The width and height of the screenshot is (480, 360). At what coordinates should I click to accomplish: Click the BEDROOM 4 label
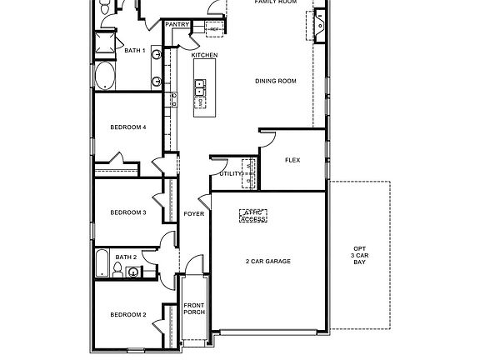(128, 127)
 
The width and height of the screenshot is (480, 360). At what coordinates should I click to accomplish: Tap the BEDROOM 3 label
(128, 213)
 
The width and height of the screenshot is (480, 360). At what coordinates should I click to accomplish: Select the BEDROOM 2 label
(128, 315)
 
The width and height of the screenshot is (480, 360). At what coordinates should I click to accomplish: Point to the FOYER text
(194, 214)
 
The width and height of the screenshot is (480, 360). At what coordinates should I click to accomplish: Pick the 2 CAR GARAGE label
(267, 262)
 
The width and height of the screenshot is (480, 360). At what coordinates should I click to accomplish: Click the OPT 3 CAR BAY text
(359, 255)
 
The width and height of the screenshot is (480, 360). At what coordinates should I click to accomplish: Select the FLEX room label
(292, 160)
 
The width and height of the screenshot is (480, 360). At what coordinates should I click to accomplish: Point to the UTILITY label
(230, 173)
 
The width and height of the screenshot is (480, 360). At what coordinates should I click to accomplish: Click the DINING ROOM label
(275, 81)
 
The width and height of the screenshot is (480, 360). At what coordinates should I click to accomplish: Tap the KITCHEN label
(204, 55)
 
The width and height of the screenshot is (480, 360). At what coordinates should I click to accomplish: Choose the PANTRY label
(177, 25)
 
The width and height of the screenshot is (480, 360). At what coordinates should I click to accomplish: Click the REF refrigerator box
(214, 29)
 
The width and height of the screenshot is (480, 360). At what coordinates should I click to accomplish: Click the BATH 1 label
(135, 51)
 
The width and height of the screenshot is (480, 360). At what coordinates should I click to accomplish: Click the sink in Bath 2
(133, 272)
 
